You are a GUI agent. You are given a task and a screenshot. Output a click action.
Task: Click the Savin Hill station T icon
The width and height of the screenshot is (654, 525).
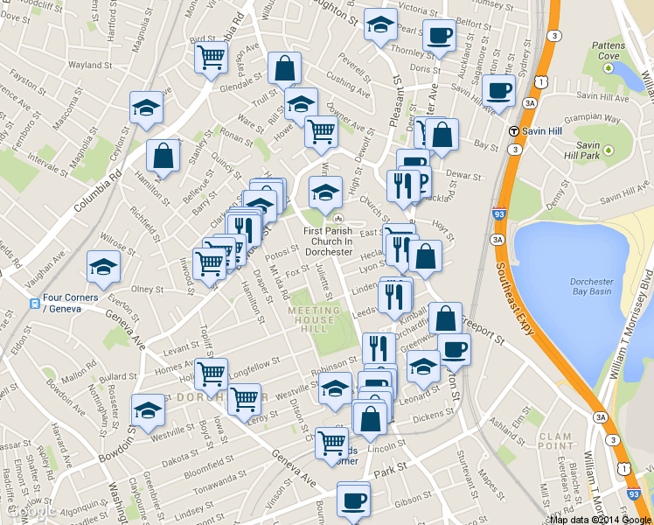pyautogui.click(x=514, y=130)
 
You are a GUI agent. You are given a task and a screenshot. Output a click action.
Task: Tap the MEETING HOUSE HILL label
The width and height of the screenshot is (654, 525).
pyautogui.click(x=313, y=320)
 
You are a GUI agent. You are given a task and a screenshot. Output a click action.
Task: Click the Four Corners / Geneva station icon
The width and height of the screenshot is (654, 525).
pyautogui.click(x=33, y=304)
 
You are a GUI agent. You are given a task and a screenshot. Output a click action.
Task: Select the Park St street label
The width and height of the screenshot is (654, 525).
pyautogui.click(x=385, y=472)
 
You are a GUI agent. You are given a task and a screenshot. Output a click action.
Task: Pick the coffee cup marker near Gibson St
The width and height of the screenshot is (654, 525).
pyautogui.click(x=353, y=500)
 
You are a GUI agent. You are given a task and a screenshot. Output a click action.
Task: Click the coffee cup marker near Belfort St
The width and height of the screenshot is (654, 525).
pyautogui.click(x=439, y=37)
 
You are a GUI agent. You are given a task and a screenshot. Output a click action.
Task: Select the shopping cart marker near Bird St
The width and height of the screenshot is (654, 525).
pyautogui.click(x=212, y=59)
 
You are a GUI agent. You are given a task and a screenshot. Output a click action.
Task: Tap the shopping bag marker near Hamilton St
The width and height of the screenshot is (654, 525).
pyautogui.click(x=163, y=156)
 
